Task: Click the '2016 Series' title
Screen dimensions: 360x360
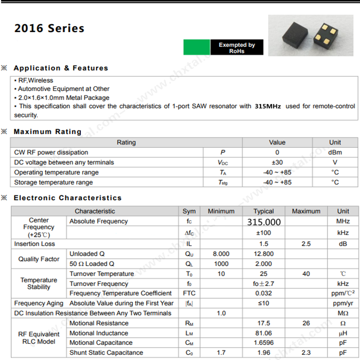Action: pyautogui.click(x=49, y=28)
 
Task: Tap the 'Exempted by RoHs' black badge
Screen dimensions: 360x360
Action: pyautogui.click(x=236, y=48)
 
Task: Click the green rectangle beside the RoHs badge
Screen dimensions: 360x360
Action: pyautogui.click(x=197, y=48)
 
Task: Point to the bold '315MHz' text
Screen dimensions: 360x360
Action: pyautogui.click(x=268, y=106)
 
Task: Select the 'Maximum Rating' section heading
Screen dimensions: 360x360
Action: pyautogui.click(x=47, y=132)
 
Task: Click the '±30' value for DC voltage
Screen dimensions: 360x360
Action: pyautogui.click(x=277, y=162)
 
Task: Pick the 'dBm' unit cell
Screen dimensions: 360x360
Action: pyautogui.click(x=335, y=152)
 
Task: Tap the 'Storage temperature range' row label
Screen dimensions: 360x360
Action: pyautogui.click(x=54, y=182)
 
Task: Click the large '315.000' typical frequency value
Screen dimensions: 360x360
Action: pyautogui.click(x=264, y=222)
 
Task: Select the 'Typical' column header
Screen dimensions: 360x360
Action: pyautogui.click(x=264, y=211)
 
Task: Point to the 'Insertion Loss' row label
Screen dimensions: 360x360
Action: pyautogui.click(x=35, y=244)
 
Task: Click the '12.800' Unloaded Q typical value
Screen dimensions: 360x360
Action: pyautogui.click(x=264, y=254)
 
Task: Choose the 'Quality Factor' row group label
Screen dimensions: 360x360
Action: pyautogui.click(x=39, y=259)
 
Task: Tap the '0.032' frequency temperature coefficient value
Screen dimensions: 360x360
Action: pyautogui.click(x=264, y=293)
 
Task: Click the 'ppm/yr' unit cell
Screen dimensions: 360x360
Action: pyautogui.click(x=343, y=303)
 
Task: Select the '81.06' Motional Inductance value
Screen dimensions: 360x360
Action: pyautogui.click(x=264, y=333)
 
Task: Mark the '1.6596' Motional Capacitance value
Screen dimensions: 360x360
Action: pyautogui.click(x=264, y=343)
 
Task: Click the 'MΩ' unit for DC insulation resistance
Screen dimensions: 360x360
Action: pyautogui.click(x=343, y=313)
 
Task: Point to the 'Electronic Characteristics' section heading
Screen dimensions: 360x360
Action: pyautogui.click(x=67, y=198)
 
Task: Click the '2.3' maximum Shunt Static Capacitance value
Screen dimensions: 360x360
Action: pyautogui.click(x=306, y=353)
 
